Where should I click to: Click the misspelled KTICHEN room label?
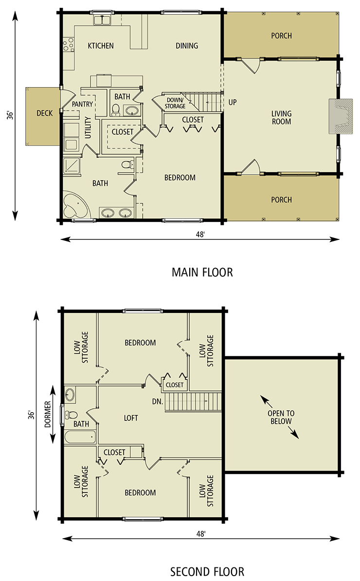point(101,46)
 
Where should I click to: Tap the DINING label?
point(187,46)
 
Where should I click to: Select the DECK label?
point(44,113)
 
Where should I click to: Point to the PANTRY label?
point(82,104)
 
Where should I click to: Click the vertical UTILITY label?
point(88,128)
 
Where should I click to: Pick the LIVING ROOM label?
point(281,118)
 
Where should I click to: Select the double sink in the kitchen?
point(103,21)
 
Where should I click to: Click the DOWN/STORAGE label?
point(175,103)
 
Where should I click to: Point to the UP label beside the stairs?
point(232,103)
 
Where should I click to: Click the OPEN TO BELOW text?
point(281,417)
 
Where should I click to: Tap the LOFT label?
point(131,418)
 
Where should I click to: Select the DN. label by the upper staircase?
point(157,402)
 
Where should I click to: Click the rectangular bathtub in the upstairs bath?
point(80,436)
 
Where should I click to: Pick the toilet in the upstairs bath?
point(71,415)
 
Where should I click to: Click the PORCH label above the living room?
point(281,36)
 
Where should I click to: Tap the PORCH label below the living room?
point(281,200)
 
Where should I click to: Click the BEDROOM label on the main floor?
point(180,178)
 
